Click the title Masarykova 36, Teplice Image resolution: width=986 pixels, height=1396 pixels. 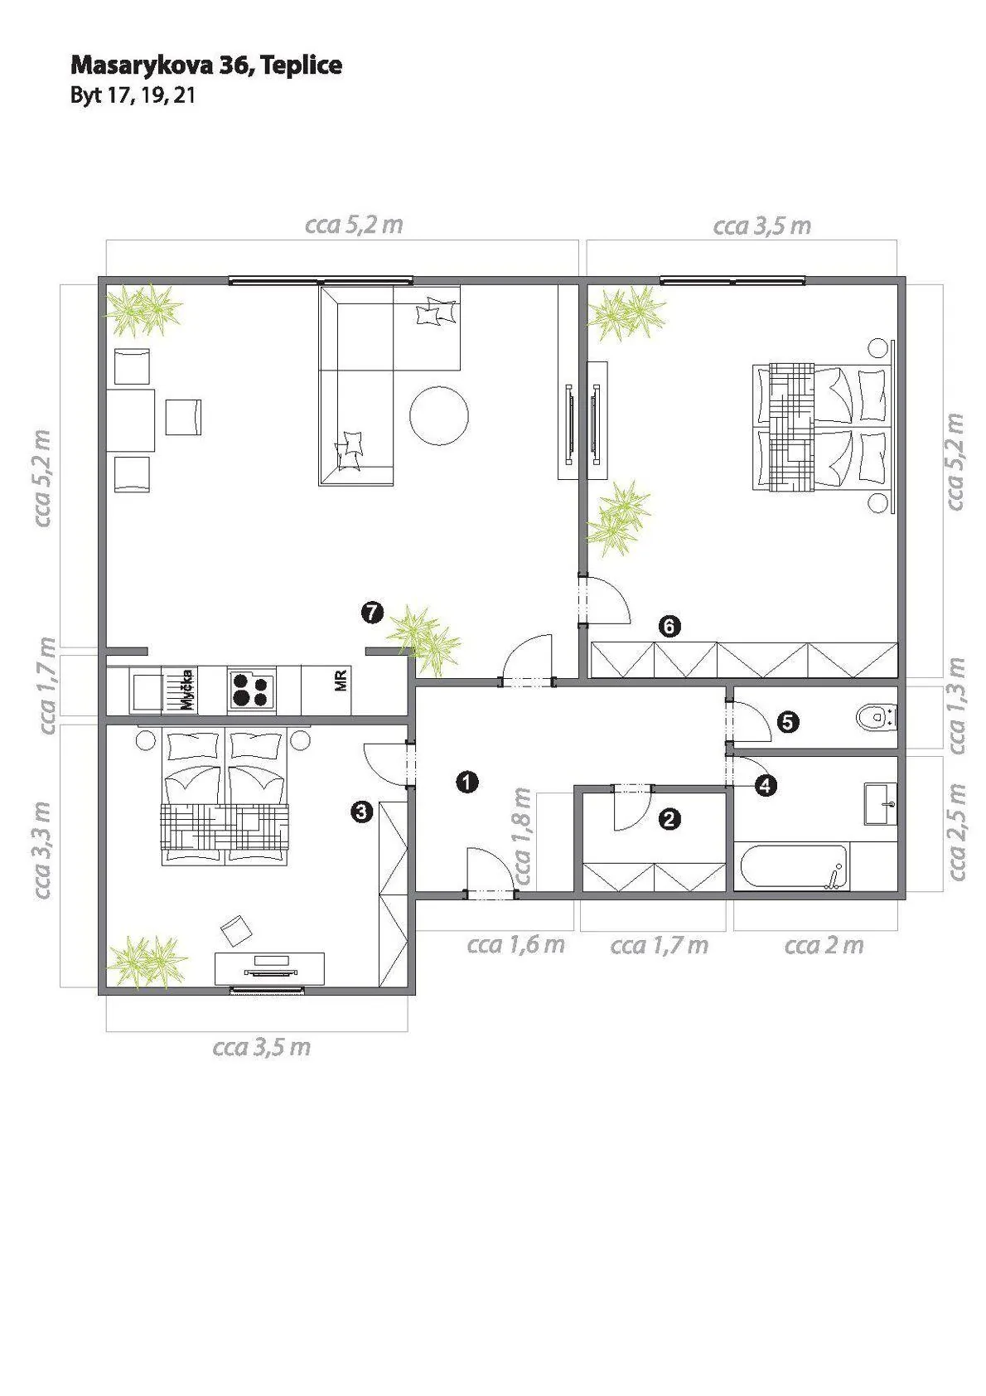coord(206,65)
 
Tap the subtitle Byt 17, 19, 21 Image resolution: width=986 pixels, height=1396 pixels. coord(133,95)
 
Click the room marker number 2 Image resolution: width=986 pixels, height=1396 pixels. coord(669,819)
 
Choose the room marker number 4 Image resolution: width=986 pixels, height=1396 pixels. coord(766,785)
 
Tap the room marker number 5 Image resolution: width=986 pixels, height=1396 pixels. coord(787,722)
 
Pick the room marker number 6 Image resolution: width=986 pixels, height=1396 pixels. coord(669,626)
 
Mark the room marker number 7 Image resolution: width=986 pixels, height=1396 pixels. coord(372,613)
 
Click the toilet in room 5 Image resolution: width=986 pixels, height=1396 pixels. coord(877,717)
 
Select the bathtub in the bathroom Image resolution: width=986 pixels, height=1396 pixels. coord(791,867)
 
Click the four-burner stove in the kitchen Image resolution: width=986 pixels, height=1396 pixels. coord(253,690)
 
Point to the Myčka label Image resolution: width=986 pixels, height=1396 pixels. coord(186,690)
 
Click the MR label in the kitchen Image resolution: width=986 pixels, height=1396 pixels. coord(341,681)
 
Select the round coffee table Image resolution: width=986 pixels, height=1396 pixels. coord(439,415)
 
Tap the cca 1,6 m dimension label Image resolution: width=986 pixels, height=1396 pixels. coord(515,945)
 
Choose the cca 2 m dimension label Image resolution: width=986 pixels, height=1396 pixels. coord(824,945)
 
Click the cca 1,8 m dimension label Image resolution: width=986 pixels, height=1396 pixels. coord(522,836)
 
